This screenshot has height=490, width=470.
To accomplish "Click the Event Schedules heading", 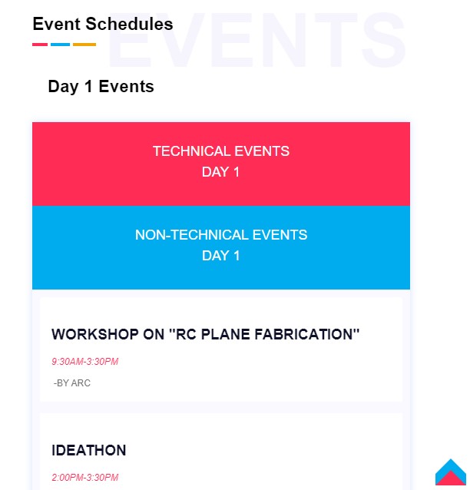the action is pos(103,24).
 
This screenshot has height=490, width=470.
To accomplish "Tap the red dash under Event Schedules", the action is pos(40,45).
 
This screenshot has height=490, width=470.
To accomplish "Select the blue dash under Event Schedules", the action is pos(61,45).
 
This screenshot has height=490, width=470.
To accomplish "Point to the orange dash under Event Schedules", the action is pos(84,45).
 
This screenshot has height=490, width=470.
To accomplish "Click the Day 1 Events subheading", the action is pos(101,87).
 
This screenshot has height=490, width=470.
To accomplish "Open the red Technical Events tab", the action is pos(221,164).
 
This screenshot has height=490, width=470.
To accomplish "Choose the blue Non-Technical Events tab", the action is pos(221,247).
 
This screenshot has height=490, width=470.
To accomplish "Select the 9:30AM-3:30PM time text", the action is pos(85,362).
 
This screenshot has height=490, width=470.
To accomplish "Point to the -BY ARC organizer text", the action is pos(72,383).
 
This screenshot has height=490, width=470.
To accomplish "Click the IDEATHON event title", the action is pos(89,451).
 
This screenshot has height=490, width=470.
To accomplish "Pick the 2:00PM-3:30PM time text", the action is pos(85,478).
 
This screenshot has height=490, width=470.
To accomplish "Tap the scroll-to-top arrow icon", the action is pos(450,472).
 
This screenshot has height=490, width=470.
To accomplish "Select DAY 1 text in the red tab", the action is pos(220,172).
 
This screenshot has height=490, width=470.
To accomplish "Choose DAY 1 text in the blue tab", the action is pos(220,256).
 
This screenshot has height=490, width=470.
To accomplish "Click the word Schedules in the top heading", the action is pos(129,24).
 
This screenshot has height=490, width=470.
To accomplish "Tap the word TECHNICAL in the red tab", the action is pos(192,151).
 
